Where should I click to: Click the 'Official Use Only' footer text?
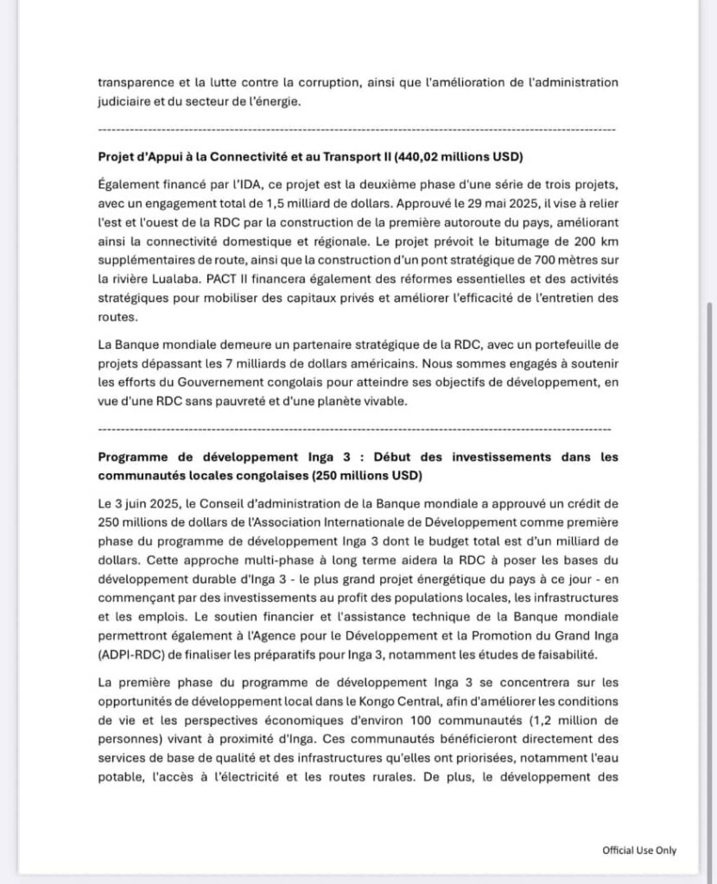(639, 850)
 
